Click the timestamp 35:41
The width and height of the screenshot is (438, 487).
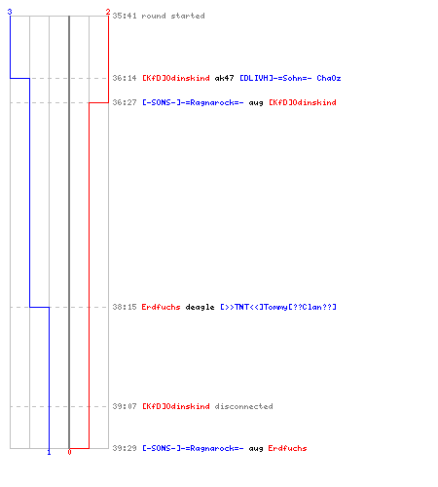click(125, 16)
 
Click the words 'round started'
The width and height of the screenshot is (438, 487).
click(173, 16)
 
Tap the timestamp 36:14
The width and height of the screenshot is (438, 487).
click(125, 78)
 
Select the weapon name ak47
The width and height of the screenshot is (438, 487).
click(224, 78)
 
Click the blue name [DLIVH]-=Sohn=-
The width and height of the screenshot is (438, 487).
click(275, 78)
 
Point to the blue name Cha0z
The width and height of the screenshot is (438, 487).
click(329, 78)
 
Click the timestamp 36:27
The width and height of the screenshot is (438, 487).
click(125, 102)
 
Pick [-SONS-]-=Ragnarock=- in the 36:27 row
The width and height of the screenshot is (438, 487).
click(193, 102)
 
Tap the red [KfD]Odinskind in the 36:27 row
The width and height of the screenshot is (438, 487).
click(303, 102)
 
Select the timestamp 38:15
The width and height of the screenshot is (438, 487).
click(125, 307)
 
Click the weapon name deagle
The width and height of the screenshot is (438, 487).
click(200, 307)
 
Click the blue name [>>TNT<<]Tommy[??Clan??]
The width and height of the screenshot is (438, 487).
click(278, 307)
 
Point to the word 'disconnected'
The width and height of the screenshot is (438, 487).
click(243, 406)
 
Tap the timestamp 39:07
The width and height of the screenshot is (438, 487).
click(125, 406)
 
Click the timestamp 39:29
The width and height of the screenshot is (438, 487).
click(125, 448)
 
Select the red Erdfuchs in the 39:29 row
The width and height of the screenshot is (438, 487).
click(287, 448)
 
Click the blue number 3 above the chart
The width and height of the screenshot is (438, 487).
click(10, 12)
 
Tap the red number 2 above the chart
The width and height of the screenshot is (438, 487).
click(108, 12)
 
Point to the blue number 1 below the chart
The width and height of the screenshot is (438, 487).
click(49, 452)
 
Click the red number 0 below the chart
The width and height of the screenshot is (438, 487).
click(69, 452)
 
